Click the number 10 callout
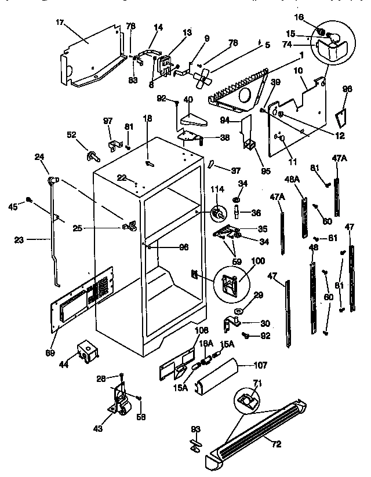coord(299,70)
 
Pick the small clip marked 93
coord(195,443)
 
